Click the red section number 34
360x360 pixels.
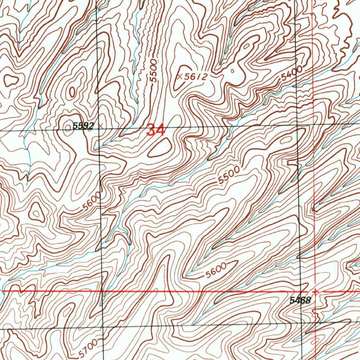(x=156, y=130)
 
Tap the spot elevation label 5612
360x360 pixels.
(x=195, y=77)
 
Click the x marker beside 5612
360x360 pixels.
(x=180, y=76)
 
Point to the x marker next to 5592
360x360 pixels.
(x=101, y=125)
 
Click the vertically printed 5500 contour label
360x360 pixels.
(x=153, y=72)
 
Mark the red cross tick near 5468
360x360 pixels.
(x=316, y=291)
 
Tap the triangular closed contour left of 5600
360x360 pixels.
(x=36, y=212)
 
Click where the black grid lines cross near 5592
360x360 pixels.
(x=98, y=128)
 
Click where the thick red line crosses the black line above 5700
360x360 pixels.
(x=102, y=291)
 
